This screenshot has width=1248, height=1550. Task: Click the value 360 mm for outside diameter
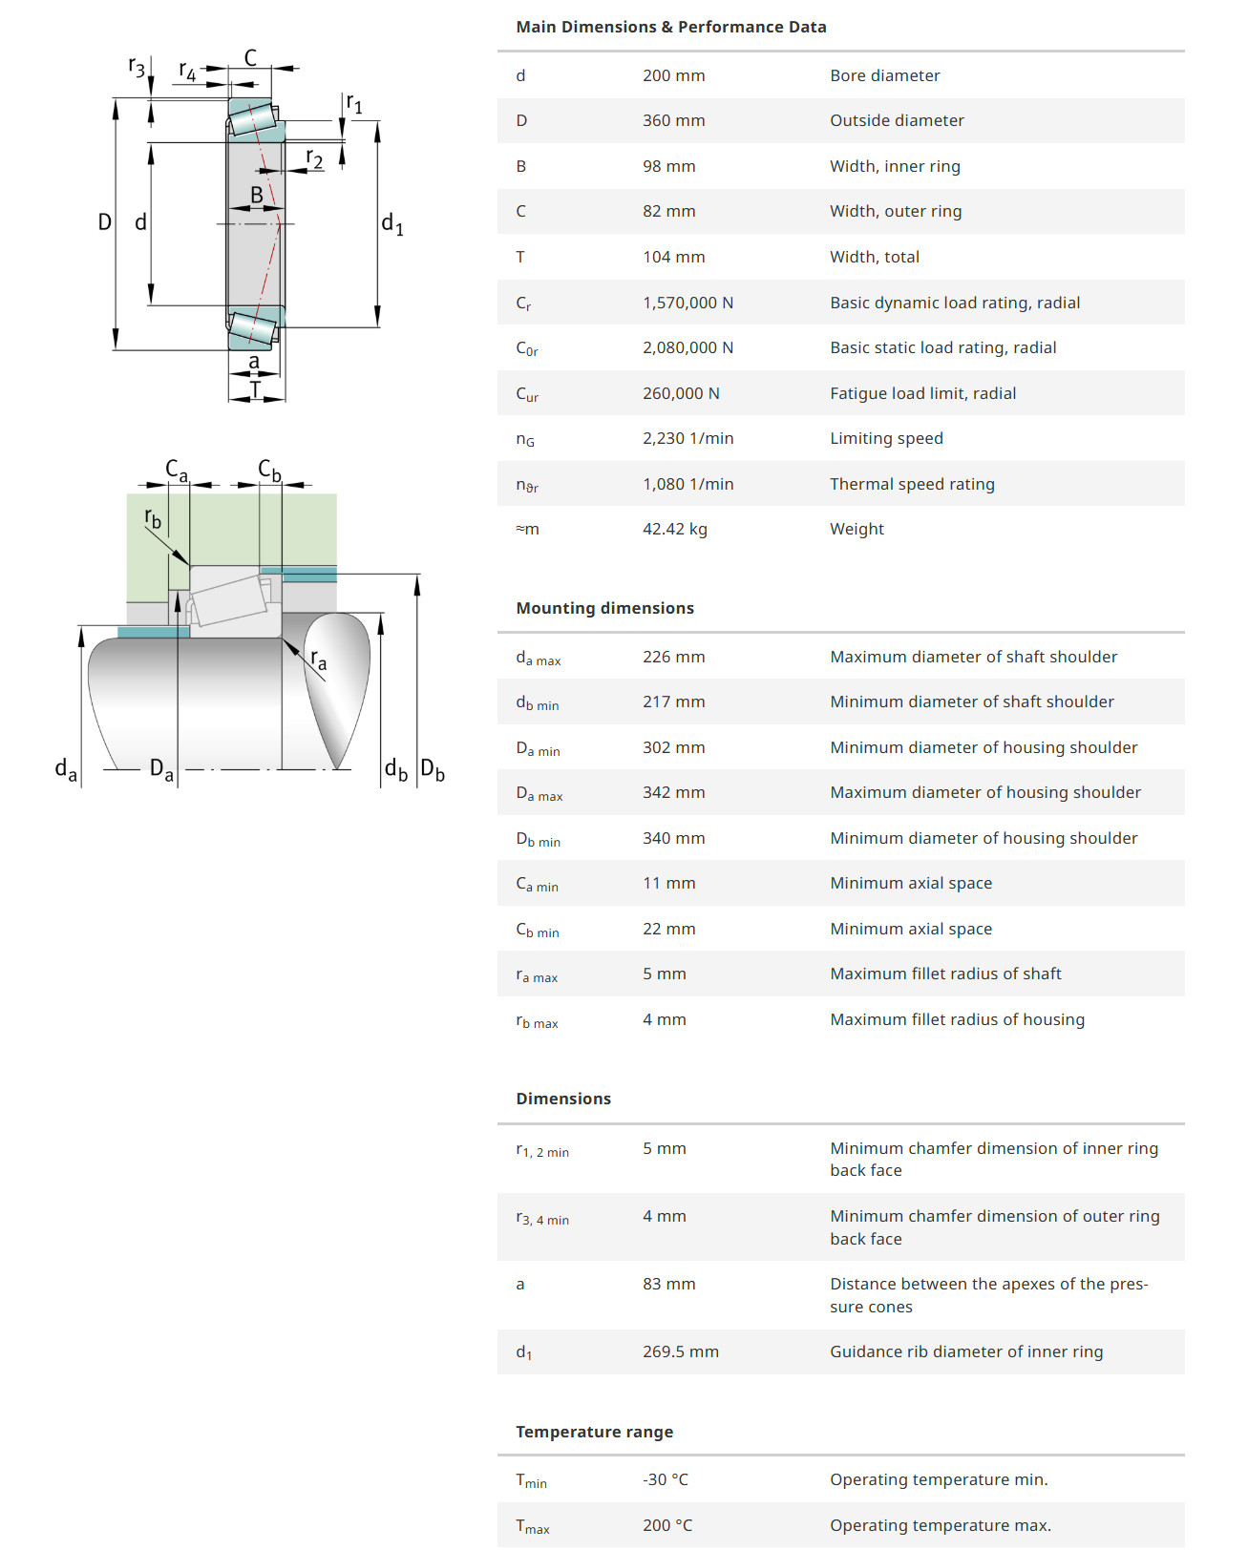point(673,120)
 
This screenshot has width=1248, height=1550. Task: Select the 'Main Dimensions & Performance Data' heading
point(670,27)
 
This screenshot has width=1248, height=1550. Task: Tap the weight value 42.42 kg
point(674,529)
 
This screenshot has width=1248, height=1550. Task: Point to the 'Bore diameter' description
point(884,75)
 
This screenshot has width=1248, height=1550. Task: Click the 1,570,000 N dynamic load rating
point(687,303)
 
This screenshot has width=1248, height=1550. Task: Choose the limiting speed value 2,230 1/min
point(687,438)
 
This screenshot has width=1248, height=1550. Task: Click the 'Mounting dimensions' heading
point(604,608)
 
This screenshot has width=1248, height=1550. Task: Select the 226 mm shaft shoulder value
point(673,657)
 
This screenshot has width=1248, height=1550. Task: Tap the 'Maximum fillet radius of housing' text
point(957,1019)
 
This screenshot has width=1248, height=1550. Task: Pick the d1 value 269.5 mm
point(680,1351)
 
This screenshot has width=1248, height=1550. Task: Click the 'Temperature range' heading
point(594,1432)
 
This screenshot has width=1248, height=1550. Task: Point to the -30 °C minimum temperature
point(665,1479)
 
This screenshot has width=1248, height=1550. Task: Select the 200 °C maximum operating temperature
point(666,1525)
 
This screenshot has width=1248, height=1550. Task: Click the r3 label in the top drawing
point(137,67)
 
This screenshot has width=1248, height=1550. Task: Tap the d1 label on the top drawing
point(391,223)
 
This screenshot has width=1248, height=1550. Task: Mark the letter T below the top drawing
point(255,389)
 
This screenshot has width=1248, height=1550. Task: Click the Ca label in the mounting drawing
point(177,470)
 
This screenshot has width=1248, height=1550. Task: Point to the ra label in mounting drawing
point(319,660)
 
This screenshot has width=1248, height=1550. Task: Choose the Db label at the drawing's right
point(433,769)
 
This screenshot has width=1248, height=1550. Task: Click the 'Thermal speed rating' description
point(912,484)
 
